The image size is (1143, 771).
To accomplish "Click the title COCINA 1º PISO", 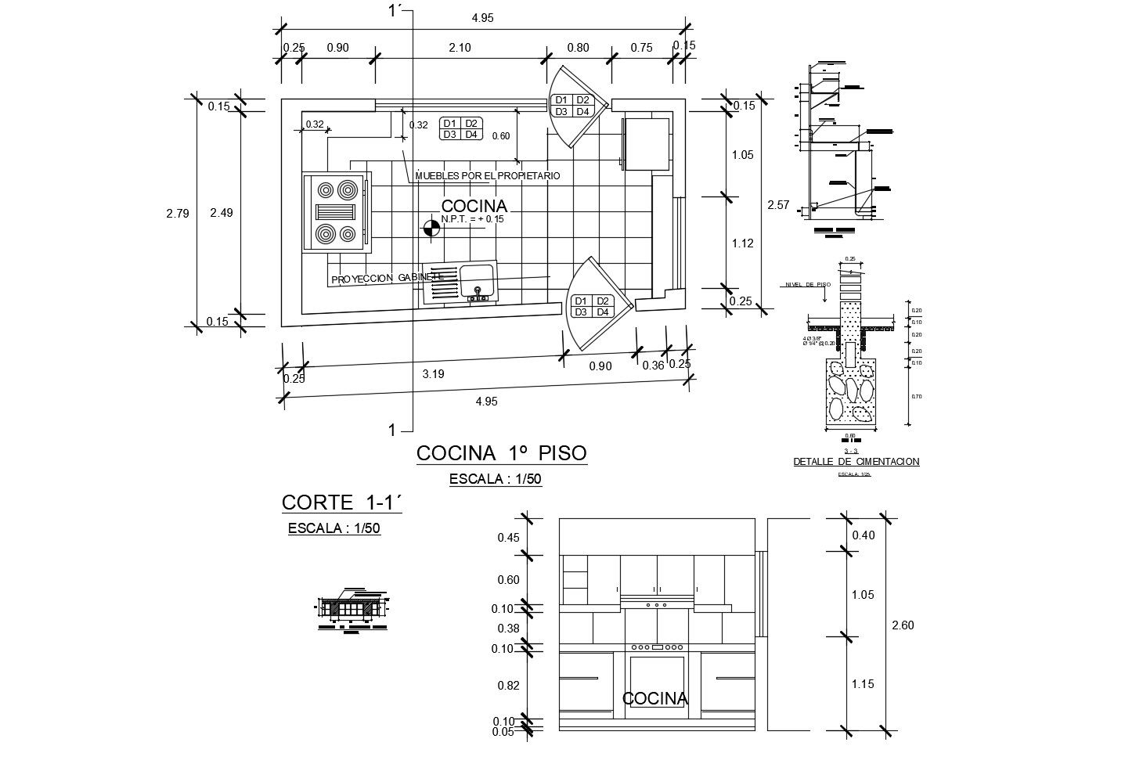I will [501, 453].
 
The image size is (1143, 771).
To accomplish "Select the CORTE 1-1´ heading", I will [341, 502].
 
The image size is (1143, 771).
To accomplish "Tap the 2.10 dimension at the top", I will [460, 48].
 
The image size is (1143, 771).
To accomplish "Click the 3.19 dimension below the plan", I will [433, 374].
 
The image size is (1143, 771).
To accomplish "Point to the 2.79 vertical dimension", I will [178, 213].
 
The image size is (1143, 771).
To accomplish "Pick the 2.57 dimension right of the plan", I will [777, 205].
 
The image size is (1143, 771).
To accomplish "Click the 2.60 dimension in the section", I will [903, 625].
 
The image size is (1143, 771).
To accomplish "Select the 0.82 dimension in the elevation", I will [508, 685].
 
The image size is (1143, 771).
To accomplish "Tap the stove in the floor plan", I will [336, 212].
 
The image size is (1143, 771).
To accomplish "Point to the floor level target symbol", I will [431, 228].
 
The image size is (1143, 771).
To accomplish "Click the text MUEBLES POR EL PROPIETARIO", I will [488, 176].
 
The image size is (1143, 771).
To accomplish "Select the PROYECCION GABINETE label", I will [388, 279].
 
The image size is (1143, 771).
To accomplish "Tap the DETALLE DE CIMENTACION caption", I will [856, 462].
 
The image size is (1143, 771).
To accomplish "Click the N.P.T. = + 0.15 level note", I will [472, 219].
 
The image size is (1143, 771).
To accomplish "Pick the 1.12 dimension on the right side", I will [742, 243].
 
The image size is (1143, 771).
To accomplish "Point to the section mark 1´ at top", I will [396, 11].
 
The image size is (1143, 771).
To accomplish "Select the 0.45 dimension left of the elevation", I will [508, 538].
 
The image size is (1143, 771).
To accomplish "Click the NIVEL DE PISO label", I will [806, 285].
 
